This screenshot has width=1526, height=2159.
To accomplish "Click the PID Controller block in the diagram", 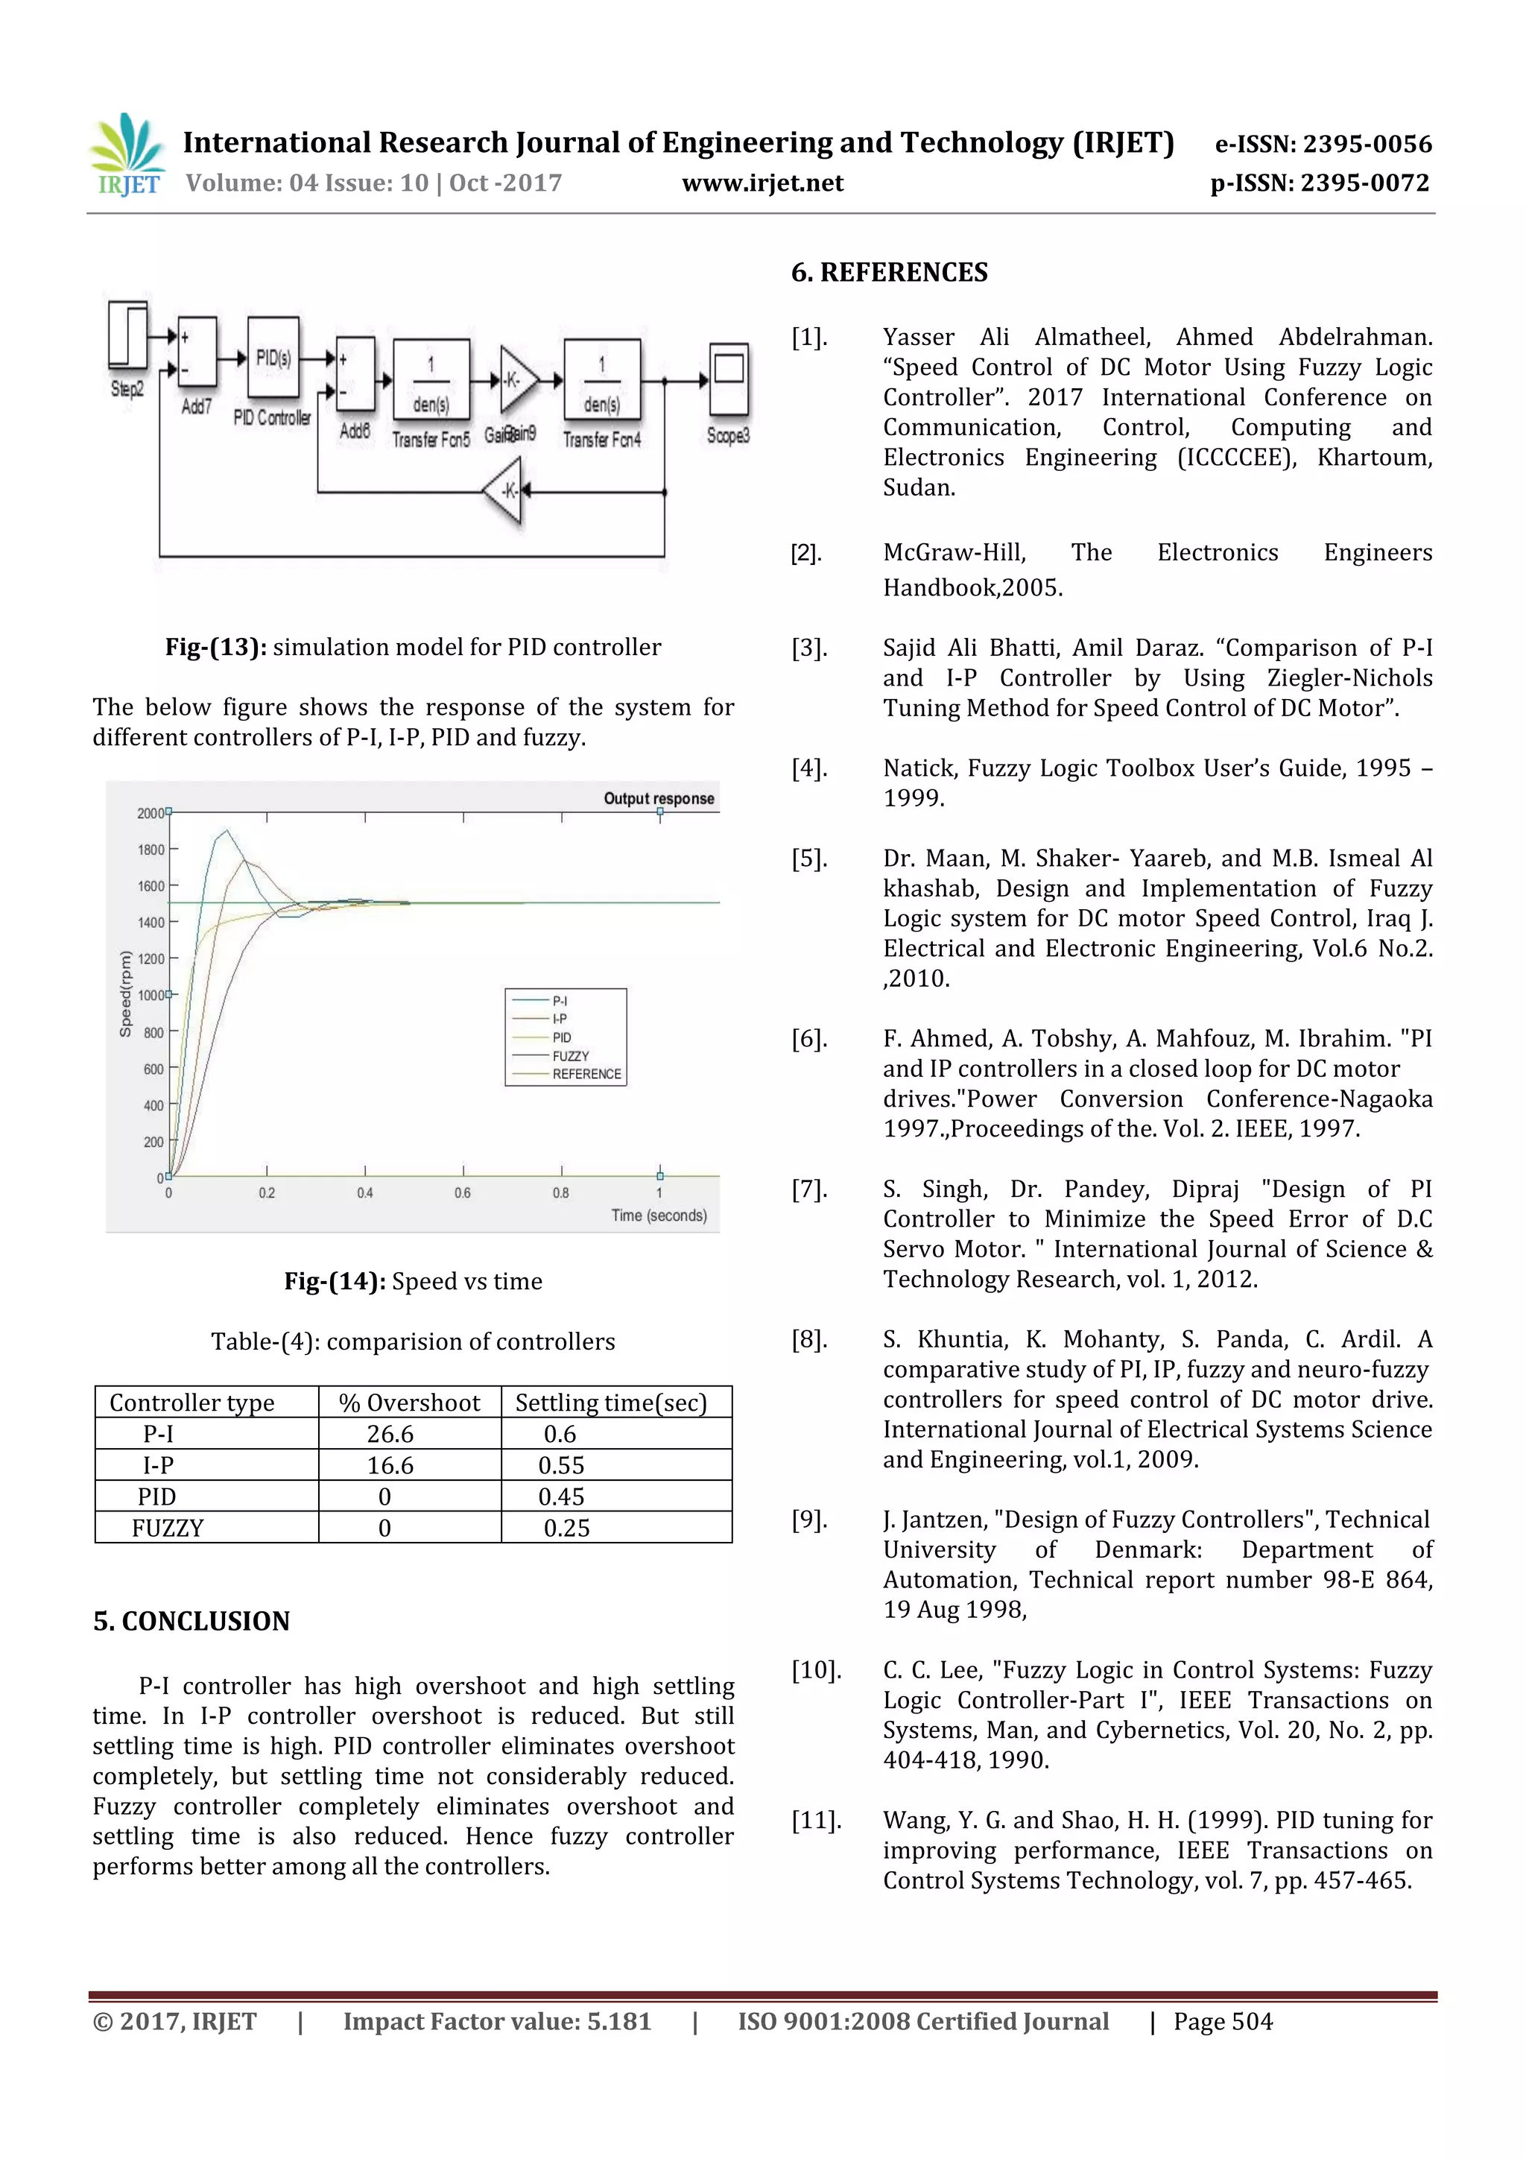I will (x=273, y=358).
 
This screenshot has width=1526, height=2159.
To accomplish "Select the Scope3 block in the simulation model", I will (x=729, y=380).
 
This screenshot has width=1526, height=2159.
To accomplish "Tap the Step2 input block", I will (x=128, y=335).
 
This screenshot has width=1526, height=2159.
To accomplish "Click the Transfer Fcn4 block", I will (x=602, y=379).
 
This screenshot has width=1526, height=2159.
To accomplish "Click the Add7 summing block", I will (x=197, y=353).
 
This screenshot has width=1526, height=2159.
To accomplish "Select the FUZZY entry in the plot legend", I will (x=570, y=1056).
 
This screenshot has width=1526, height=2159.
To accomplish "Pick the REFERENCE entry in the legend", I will (x=586, y=1074).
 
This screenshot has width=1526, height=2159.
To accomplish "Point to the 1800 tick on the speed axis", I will (x=151, y=849).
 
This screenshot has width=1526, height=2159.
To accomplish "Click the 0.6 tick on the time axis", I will (x=463, y=1192).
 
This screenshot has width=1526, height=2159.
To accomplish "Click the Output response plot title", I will (x=658, y=798).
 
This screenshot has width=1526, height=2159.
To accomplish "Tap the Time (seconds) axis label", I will (x=658, y=1215).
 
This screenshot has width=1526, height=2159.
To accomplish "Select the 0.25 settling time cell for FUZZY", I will (x=566, y=1528).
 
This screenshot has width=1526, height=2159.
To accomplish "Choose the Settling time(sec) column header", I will (x=610, y=1402).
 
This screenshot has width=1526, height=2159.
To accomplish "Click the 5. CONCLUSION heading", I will (x=191, y=1620).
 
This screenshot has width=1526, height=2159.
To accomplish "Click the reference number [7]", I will (x=808, y=1189).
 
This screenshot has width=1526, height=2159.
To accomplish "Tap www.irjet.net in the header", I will (x=762, y=183).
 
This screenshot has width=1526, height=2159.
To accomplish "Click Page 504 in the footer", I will (x=1222, y=2021).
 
